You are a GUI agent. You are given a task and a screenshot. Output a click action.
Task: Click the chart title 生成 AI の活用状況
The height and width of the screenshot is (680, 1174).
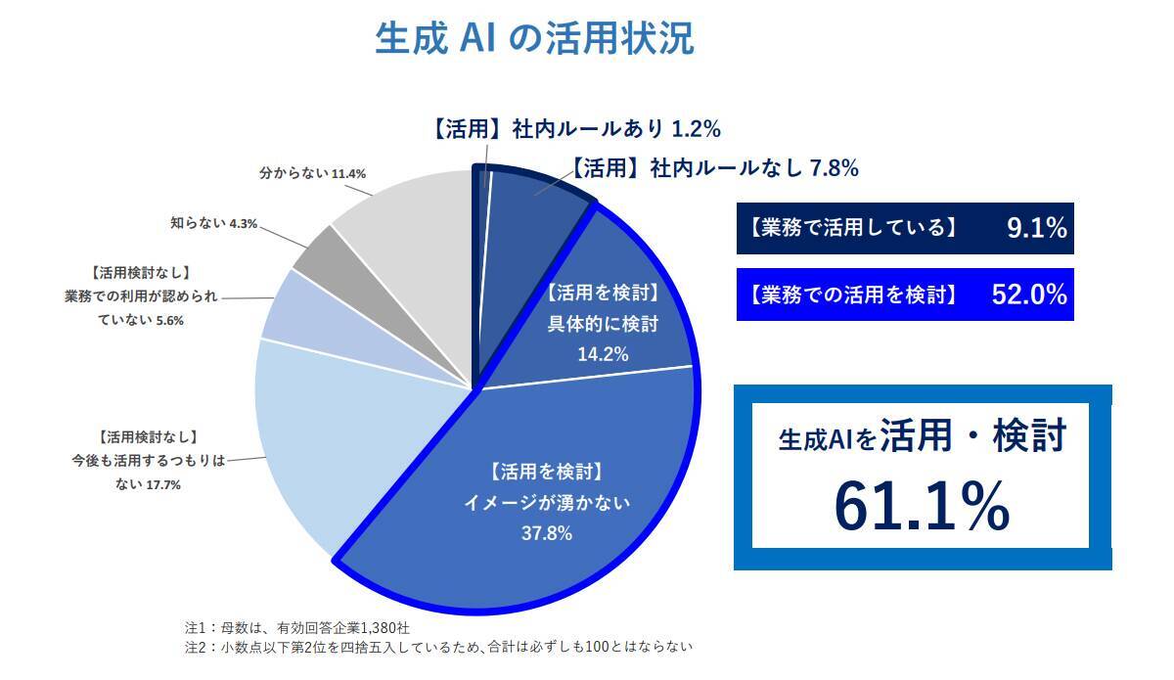(x=534, y=38)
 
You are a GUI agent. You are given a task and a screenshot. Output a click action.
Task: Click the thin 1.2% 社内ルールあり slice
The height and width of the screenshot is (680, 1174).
(x=483, y=225)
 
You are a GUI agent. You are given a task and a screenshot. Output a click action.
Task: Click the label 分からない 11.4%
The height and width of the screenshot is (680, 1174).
(x=313, y=173)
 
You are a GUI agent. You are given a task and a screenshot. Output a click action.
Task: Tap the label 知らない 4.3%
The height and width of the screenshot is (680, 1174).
(x=214, y=223)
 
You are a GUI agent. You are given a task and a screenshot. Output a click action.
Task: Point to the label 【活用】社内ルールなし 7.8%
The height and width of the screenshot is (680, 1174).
(x=714, y=168)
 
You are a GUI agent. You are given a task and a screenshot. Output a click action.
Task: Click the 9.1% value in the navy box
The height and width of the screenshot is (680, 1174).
(x=1036, y=229)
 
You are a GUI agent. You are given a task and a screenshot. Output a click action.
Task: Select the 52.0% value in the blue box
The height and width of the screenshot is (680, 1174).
(x=1028, y=295)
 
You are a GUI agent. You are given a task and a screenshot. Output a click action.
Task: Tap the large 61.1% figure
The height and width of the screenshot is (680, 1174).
(x=922, y=505)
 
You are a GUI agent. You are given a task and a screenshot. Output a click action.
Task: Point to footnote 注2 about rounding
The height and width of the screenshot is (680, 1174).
(x=439, y=647)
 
